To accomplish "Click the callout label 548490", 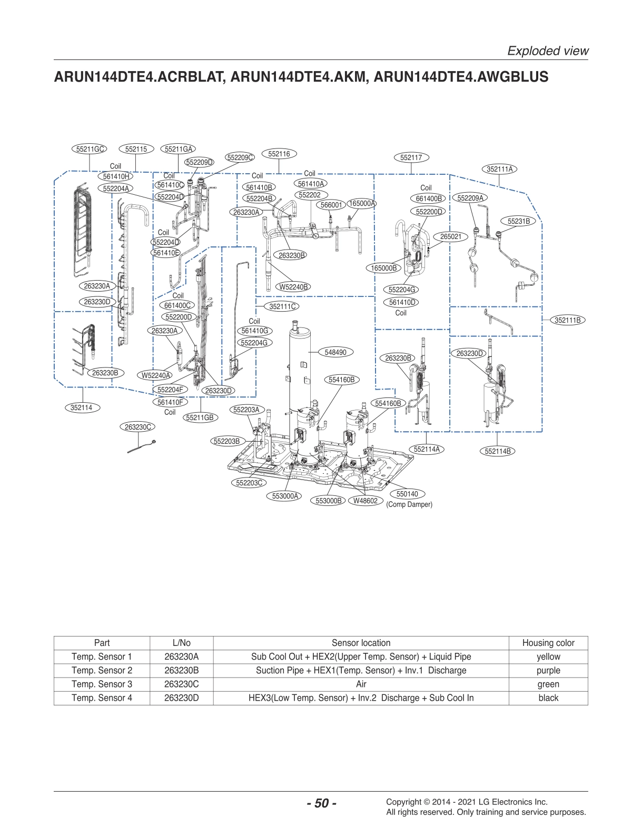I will click(x=335, y=352).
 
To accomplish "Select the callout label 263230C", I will click(x=138, y=427).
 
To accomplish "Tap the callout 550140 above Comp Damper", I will click(x=407, y=494).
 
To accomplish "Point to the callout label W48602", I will click(x=365, y=501).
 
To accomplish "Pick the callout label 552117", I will click(x=411, y=157).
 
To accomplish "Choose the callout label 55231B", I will click(x=518, y=222).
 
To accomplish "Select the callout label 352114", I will click(x=82, y=407).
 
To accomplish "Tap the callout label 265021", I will click(x=450, y=237).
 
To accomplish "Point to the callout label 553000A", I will click(x=285, y=496).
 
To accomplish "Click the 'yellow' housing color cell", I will click(x=548, y=656).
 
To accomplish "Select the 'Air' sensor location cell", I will click(x=361, y=684).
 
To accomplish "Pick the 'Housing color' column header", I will click(x=548, y=643).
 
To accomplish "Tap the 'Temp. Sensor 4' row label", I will click(x=102, y=698).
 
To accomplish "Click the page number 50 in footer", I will click(x=321, y=804).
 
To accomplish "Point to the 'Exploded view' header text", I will click(x=547, y=51).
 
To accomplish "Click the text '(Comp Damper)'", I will click(x=409, y=504).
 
